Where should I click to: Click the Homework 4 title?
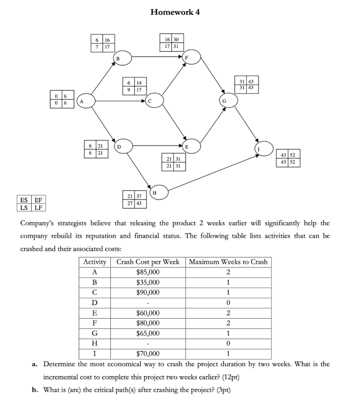(175, 12)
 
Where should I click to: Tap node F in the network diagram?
(191, 57)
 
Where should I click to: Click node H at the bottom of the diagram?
(159, 193)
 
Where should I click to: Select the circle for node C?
(154, 101)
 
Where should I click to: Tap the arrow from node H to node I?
(214, 172)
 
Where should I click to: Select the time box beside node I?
(288, 159)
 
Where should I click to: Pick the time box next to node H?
(135, 200)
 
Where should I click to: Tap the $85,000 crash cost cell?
(148, 272)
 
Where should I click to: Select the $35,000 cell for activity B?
(148, 282)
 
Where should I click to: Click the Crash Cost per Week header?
(148, 262)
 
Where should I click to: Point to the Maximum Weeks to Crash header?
(228, 262)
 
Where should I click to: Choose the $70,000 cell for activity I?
(148, 353)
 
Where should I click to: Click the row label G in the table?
(95, 333)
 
